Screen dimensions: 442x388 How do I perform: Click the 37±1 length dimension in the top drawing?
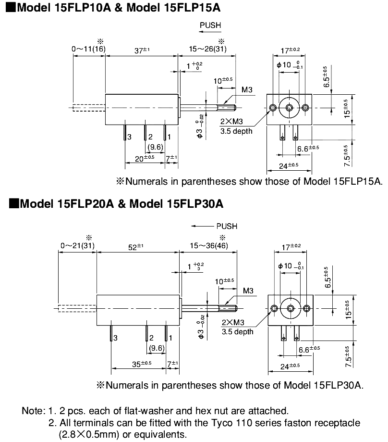pos(141,50)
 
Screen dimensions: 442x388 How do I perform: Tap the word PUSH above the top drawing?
pos(210,25)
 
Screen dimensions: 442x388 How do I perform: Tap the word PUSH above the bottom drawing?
pos(226,226)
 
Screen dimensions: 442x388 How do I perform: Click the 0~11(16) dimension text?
pos(88,49)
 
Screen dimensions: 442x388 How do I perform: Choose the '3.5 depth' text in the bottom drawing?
pos(237,331)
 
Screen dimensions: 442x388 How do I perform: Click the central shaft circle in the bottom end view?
pos(291,308)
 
